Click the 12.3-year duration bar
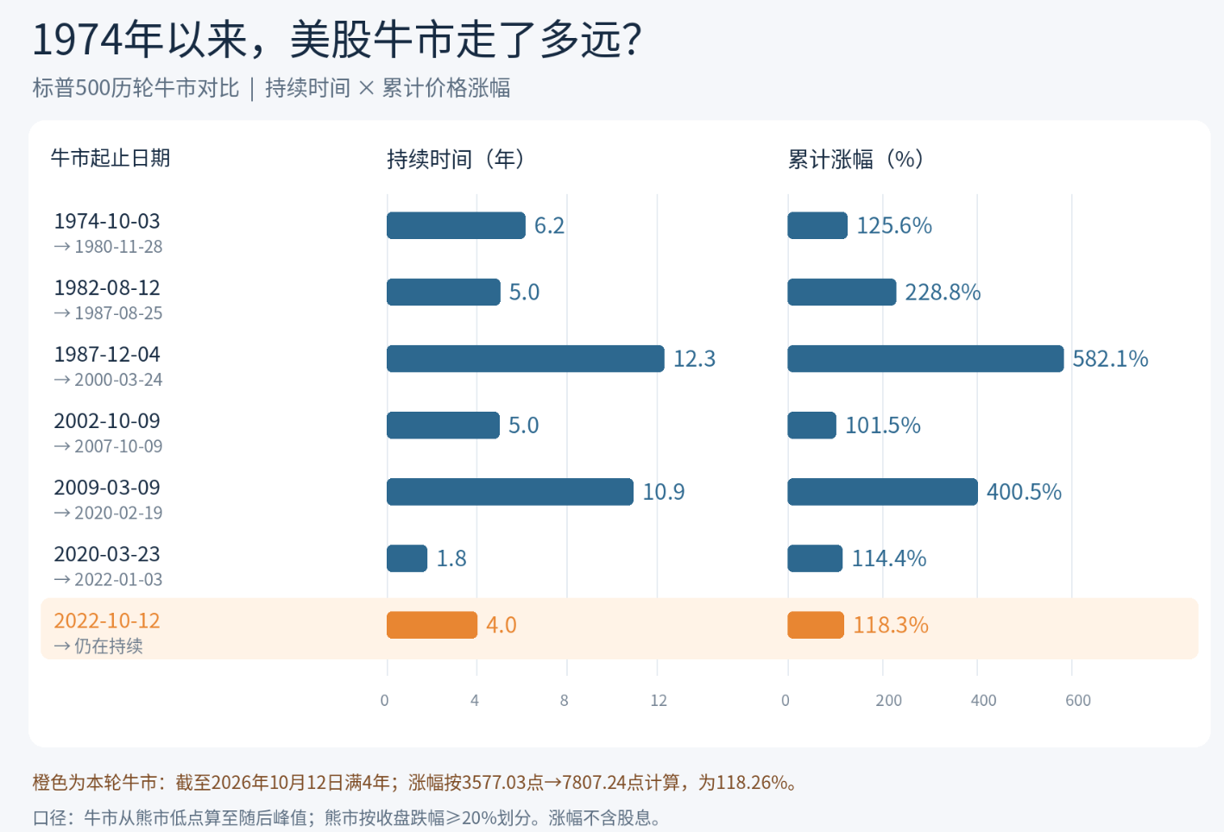coord(525,358)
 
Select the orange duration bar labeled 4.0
coord(432,624)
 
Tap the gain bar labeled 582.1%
coord(925,358)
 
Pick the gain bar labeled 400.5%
coord(882,492)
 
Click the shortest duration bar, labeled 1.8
coord(407,558)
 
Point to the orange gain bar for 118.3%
coord(815,624)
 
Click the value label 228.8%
coord(943,293)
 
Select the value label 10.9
coord(664,492)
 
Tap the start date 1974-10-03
coord(106,221)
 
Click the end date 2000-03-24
coord(118,380)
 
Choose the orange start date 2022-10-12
coord(106,621)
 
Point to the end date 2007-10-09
coord(118,446)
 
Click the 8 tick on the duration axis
coord(564,700)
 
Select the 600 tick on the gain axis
coord(1078,700)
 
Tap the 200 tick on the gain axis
coord(888,700)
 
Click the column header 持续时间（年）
coord(456,159)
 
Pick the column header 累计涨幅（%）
coord(855,159)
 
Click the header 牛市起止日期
coord(110,158)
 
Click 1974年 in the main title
coord(98,40)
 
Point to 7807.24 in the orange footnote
coord(593,782)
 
